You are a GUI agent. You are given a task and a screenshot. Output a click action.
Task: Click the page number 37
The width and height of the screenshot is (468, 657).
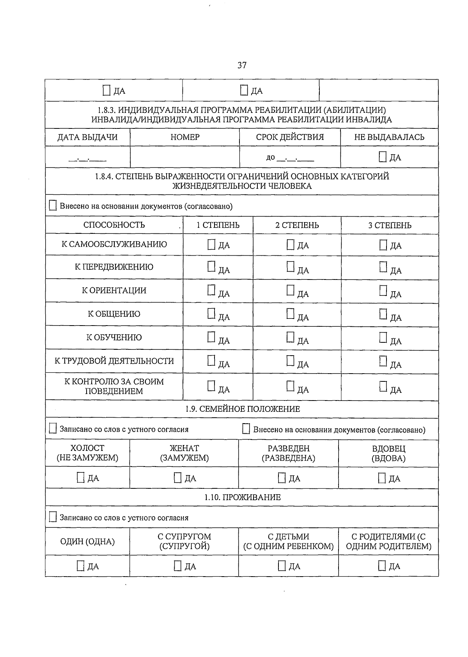coord(242,65)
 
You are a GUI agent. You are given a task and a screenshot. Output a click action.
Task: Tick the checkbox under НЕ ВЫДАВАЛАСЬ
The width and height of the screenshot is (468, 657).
coord(383,157)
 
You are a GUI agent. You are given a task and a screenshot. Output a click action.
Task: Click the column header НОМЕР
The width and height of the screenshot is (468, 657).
coord(185,137)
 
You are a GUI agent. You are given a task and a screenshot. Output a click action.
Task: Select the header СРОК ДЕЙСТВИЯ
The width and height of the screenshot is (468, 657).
coord(290,137)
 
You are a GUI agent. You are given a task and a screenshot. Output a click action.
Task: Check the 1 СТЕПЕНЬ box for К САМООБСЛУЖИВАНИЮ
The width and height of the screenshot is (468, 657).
coord(211,245)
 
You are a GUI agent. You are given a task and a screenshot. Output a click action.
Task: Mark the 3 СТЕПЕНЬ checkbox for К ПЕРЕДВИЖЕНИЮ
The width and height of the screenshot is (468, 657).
coord(383,267)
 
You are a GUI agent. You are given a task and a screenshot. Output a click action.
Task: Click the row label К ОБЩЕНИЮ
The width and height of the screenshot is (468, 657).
coord(114,314)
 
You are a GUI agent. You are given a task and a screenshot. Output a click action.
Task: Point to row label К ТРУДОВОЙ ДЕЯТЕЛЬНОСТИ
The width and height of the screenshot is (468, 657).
coord(114,361)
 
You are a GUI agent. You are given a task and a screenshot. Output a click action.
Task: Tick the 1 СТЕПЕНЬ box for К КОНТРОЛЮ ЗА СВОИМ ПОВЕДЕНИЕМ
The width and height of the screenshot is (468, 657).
coord(211,386)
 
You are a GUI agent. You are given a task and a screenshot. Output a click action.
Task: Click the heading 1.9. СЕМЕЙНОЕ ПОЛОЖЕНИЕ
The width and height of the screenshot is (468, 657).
coord(242,409)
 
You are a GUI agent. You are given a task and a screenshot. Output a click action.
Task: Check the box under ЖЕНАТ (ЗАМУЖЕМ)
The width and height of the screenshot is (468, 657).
coord(178,478)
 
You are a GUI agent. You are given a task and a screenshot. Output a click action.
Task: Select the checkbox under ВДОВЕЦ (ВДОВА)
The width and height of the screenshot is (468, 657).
coord(382,478)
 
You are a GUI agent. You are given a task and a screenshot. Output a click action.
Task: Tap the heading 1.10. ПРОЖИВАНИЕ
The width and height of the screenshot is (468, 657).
coord(242,497)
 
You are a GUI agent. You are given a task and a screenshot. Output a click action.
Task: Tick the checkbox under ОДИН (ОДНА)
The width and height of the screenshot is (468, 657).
coord(81,566)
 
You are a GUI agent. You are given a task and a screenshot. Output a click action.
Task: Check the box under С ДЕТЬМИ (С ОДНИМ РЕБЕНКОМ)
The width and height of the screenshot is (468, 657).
coord(282,566)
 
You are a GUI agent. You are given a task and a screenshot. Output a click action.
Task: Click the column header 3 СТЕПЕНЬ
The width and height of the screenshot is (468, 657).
coord(390,225)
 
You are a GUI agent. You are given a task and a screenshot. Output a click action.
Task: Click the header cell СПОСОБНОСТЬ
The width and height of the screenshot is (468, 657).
coord(114,225)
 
